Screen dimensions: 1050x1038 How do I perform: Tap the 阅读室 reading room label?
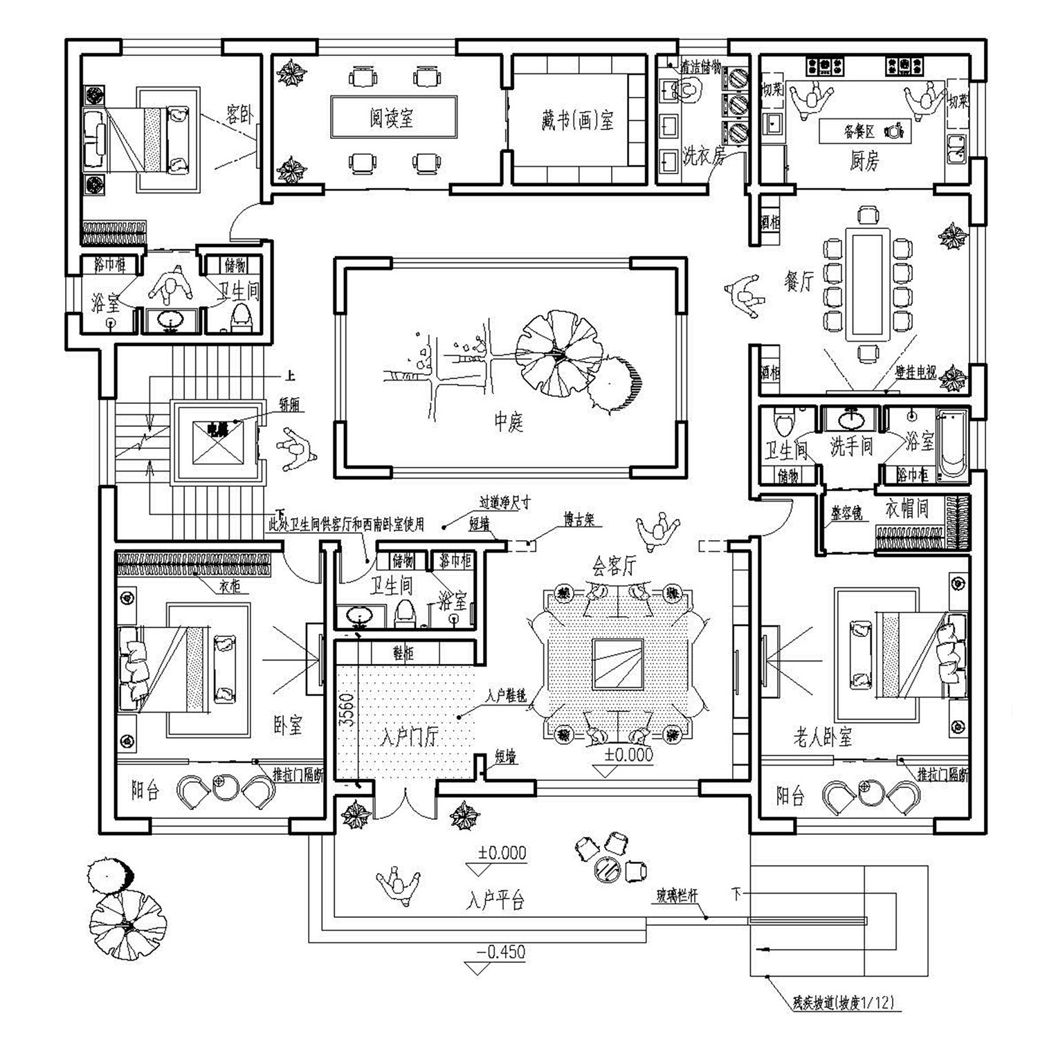tap(391, 118)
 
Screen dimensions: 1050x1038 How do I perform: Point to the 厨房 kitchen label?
tap(864, 161)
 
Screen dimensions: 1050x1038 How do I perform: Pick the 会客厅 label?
tap(613, 566)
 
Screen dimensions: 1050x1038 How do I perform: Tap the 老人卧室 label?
tap(822, 739)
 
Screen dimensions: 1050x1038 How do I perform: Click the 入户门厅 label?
tap(409, 737)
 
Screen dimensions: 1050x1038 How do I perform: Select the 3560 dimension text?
tap(347, 709)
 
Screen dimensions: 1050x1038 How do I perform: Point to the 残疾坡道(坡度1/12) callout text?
tap(847, 1002)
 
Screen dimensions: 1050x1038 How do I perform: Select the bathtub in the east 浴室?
tap(953, 443)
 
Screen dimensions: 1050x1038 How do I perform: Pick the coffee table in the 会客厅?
tap(618, 664)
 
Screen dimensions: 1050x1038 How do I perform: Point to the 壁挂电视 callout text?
tap(916, 373)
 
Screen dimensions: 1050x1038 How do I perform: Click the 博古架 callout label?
tap(579, 519)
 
